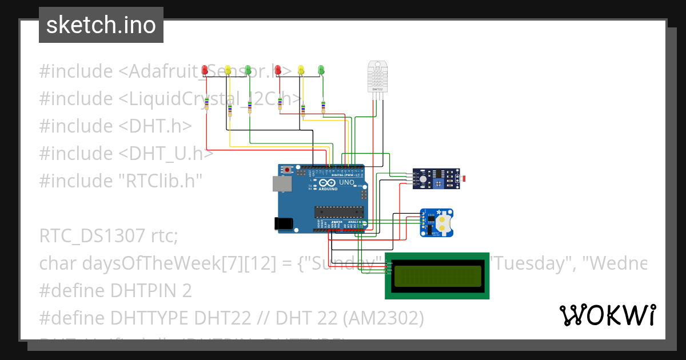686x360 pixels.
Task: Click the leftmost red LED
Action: coord(205,70)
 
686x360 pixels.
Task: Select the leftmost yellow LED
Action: coord(228,70)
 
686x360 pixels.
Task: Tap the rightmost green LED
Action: coord(321,70)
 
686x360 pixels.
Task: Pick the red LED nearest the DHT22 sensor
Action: coord(278,70)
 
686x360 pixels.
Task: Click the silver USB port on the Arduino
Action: coord(281,183)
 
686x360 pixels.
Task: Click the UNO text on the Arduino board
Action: coord(347,182)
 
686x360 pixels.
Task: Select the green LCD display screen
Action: coord(437,275)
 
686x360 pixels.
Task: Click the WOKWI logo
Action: coord(607,315)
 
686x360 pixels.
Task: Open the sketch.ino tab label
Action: coord(101,25)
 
